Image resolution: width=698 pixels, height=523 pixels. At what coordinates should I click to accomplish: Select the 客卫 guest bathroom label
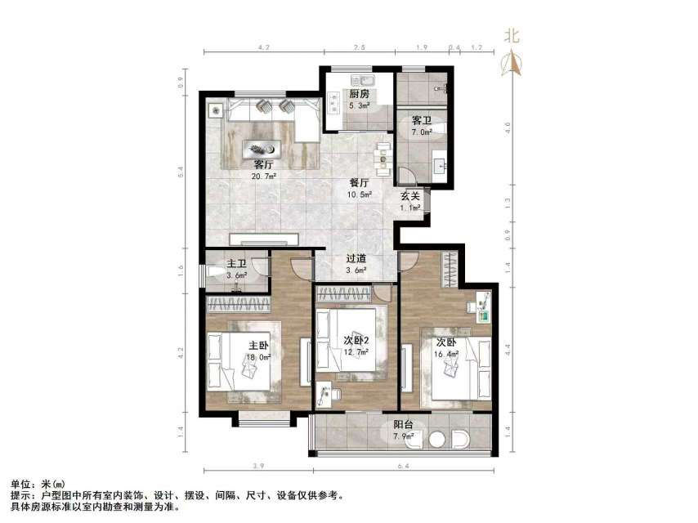point(422,120)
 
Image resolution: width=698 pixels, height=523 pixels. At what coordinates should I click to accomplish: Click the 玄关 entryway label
point(410,196)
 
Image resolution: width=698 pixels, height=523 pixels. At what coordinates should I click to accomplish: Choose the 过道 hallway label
point(355,259)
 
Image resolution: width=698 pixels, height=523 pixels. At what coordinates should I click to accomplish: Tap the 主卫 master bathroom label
point(236,263)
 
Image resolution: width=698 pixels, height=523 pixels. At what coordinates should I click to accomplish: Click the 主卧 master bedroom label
point(259,345)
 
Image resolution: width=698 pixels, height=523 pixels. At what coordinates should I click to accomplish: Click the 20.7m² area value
point(264,175)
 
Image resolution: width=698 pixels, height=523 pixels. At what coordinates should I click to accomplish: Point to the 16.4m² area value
point(447,355)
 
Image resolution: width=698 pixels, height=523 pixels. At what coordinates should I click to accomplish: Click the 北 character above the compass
point(512,35)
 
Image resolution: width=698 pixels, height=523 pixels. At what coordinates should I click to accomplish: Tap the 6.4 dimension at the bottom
point(402,467)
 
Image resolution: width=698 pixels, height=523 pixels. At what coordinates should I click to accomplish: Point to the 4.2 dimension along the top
point(263,49)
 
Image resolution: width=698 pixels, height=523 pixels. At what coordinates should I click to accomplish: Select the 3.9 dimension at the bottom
point(258,467)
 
